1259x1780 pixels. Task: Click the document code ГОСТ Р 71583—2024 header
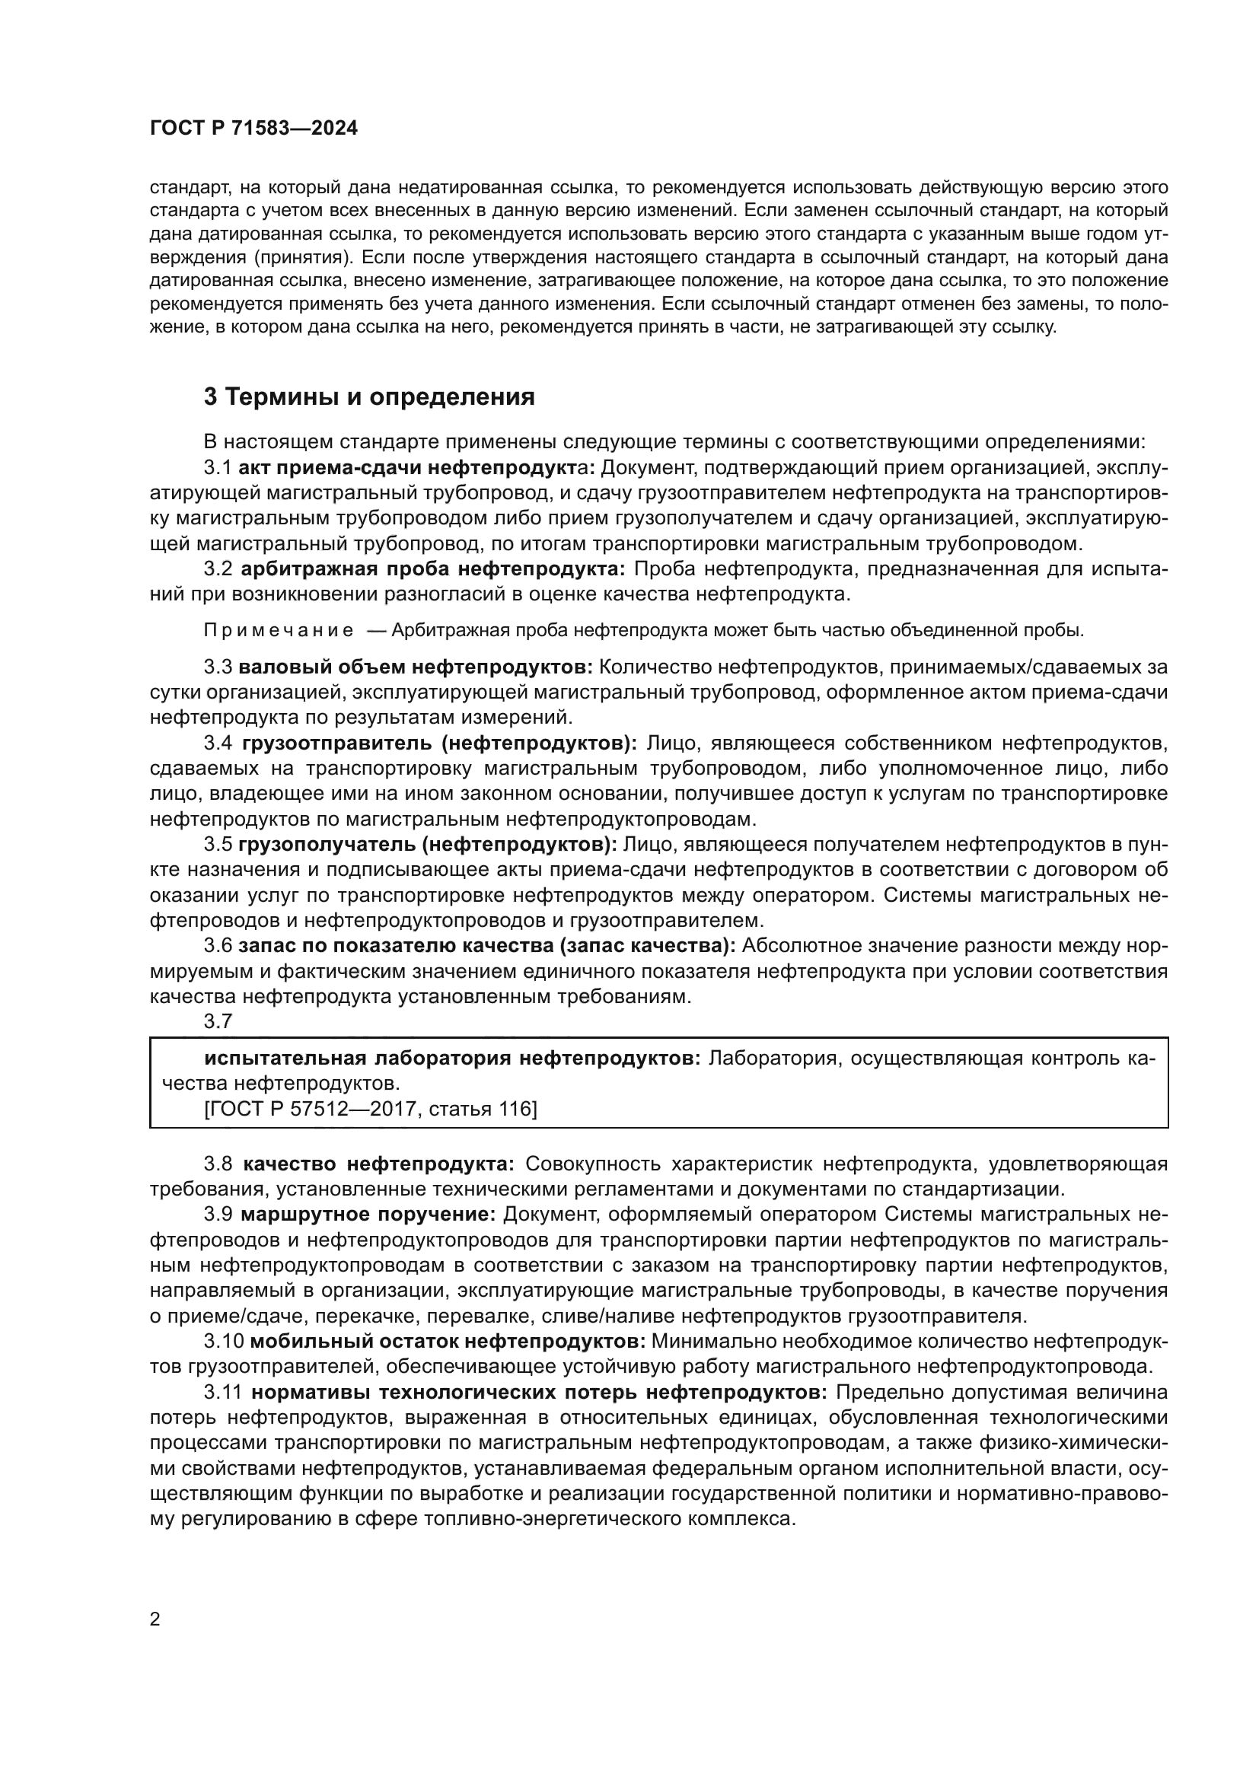pyautogui.click(x=253, y=129)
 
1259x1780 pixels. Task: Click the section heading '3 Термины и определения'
pyautogui.click(x=369, y=397)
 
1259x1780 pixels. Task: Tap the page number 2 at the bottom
pyautogui.click(x=155, y=1619)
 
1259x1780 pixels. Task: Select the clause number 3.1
pyautogui.click(x=218, y=467)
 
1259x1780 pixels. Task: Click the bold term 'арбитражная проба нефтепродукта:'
pyautogui.click(x=433, y=569)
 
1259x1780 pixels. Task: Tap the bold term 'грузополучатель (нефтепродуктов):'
pyautogui.click(x=428, y=844)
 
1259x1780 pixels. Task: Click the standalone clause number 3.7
pyautogui.click(x=218, y=1021)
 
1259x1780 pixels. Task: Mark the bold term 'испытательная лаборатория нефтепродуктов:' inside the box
pyautogui.click(x=453, y=1059)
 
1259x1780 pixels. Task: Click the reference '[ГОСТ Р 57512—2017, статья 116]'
pyautogui.click(x=371, y=1110)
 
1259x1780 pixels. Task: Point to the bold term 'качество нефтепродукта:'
pyautogui.click(x=378, y=1164)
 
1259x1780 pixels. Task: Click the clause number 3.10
pyautogui.click(x=223, y=1341)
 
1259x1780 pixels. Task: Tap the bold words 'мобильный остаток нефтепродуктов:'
pyautogui.click(x=449, y=1341)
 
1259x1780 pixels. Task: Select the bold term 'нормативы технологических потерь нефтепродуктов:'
pyautogui.click(x=540, y=1392)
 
